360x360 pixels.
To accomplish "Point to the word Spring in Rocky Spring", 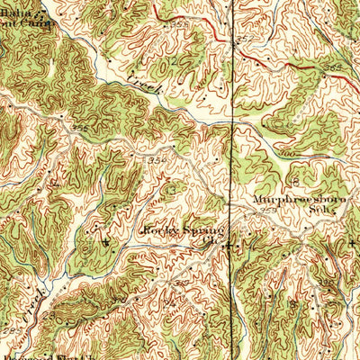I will [x=199, y=230].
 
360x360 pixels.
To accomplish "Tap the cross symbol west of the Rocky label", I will [x=106, y=240].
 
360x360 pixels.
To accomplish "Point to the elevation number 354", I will [x=156, y=158].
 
